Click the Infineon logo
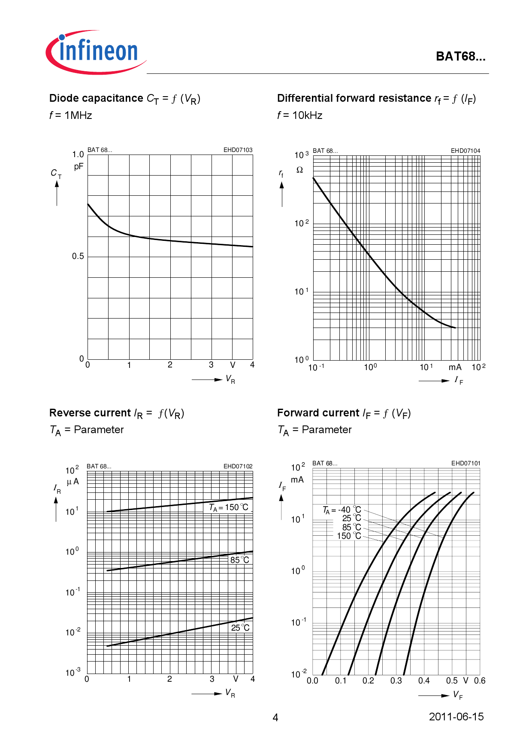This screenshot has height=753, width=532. tap(97, 52)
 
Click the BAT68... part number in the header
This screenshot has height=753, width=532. tap(460, 56)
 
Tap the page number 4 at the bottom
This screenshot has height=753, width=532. tap(275, 717)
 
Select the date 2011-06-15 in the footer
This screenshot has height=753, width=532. tap(456, 717)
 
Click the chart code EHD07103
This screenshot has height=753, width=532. tap(238, 150)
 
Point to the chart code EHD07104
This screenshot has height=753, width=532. tap(465, 151)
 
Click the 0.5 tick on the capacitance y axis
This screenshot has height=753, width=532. tap(78, 256)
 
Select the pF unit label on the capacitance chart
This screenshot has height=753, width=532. tap(79, 167)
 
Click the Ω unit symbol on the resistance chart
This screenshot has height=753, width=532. tap(299, 170)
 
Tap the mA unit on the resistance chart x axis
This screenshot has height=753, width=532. tap(455, 367)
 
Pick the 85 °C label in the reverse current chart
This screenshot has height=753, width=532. tap(239, 560)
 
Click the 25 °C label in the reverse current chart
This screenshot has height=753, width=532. tap(240, 628)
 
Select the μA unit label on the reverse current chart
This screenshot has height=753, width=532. tap(73, 482)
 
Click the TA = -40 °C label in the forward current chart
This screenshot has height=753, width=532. tap(342, 510)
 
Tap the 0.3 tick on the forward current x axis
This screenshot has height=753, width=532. tap(396, 680)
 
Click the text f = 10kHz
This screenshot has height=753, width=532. tap(299, 115)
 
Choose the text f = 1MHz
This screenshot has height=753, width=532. tap(71, 115)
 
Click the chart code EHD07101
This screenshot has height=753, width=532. tap(465, 463)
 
